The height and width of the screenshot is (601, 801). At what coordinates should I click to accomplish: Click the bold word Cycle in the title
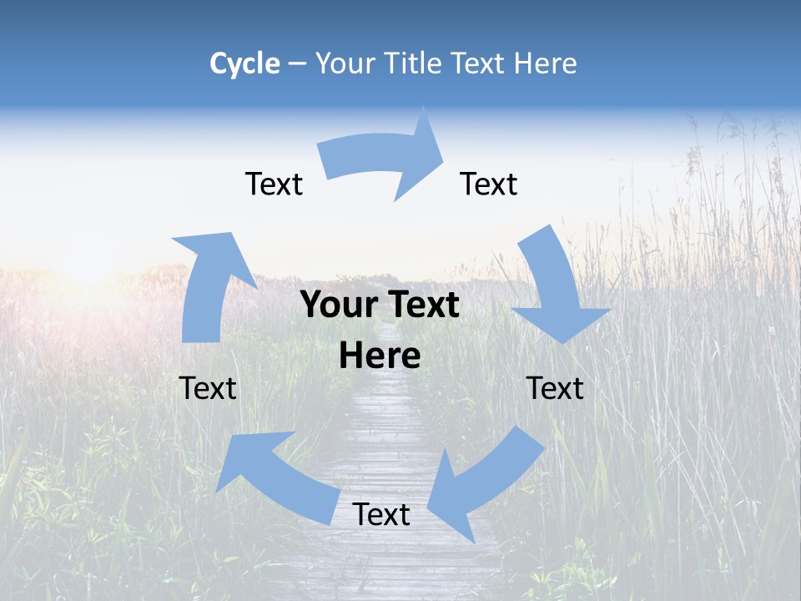click(244, 63)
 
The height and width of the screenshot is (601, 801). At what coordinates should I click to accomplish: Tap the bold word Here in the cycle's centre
click(380, 356)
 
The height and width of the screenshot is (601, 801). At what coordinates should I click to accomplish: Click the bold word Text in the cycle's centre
click(421, 306)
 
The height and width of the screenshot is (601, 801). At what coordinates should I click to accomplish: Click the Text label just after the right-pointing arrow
click(489, 184)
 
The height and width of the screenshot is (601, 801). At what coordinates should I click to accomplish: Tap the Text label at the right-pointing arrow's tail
click(274, 184)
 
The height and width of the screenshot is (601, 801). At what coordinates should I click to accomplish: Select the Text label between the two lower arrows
click(381, 515)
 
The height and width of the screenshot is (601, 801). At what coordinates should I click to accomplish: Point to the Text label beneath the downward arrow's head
click(555, 388)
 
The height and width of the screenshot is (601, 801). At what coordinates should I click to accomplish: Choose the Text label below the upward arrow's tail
click(208, 388)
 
